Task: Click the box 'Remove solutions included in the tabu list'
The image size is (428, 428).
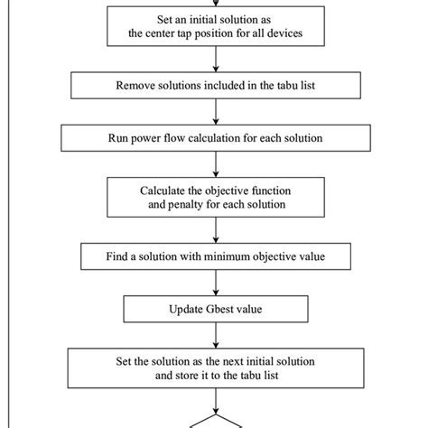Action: [x=214, y=86]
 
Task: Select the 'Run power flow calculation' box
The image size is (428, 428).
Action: [x=214, y=139]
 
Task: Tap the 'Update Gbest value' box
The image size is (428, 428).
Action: [x=214, y=309]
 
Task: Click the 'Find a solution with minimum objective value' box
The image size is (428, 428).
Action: [x=214, y=257]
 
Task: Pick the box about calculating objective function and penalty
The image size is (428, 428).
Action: [x=214, y=198]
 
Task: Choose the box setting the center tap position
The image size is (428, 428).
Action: [x=214, y=27]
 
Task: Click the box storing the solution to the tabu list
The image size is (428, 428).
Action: [x=214, y=368]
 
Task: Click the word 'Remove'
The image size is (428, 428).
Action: [x=136, y=86]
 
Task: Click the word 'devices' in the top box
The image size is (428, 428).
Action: [x=288, y=35]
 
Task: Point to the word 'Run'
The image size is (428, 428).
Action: [x=120, y=139]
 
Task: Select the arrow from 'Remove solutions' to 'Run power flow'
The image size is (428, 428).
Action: [x=215, y=112]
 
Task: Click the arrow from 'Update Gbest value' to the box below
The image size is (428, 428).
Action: [x=215, y=336]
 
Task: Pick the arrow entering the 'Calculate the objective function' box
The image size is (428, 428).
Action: [x=215, y=165]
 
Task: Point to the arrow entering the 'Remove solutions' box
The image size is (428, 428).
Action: [x=215, y=60]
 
